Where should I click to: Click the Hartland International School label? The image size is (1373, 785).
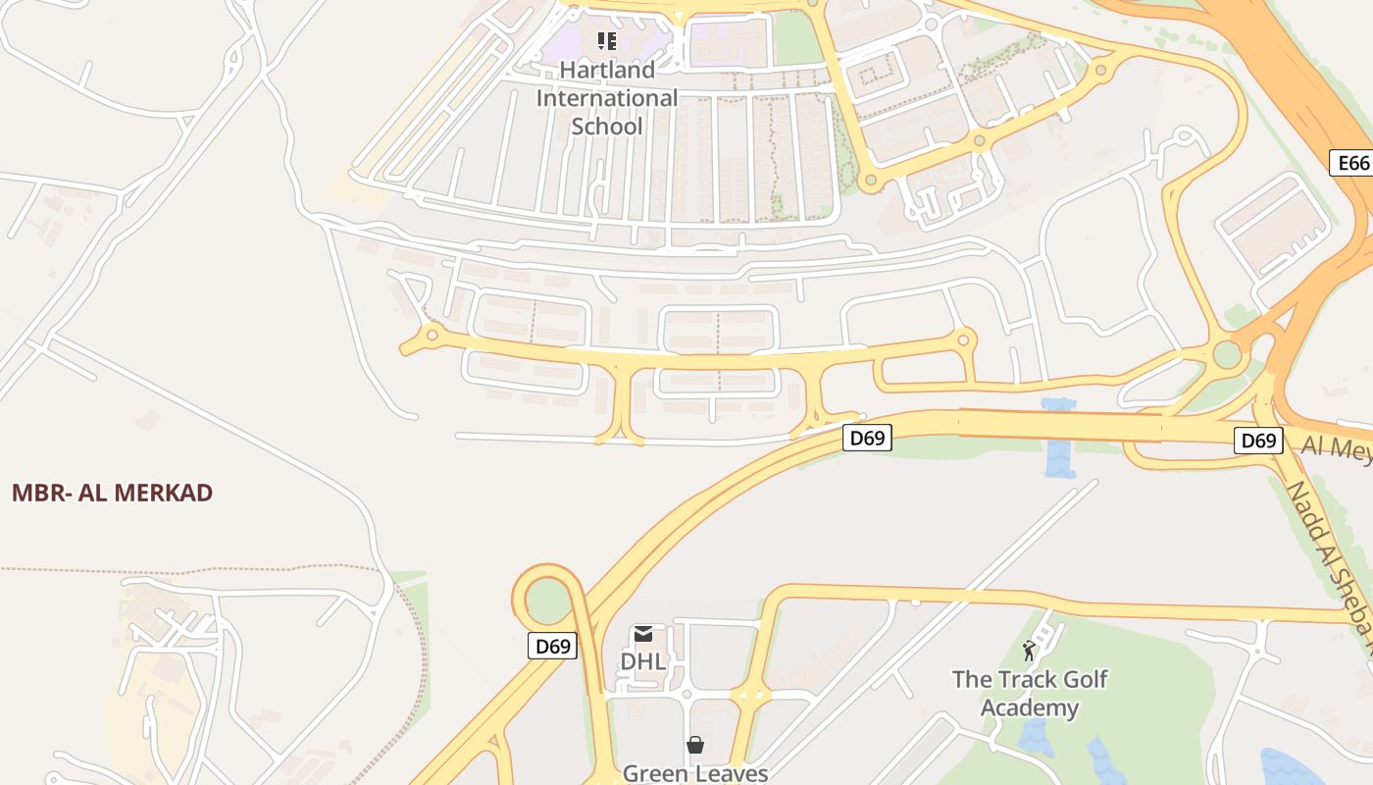pyautogui.click(x=606, y=98)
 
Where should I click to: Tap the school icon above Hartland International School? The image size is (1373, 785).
pyautogui.click(x=607, y=40)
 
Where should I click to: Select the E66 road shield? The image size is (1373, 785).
pyautogui.click(x=1353, y=163)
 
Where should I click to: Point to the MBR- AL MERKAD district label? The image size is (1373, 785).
pyautogui.click(x=112, y=493)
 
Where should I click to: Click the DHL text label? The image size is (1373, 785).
pyautogui.click(x=643, y=661)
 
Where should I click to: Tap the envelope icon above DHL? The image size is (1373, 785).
pyautogui.click(x=643, y=634)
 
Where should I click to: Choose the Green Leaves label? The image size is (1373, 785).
pyautogui.click(x=695, y=773)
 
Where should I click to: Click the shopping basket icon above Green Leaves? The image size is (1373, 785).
pyautogui.click(x=695, y=746)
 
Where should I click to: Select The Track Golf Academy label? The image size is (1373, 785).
pyautogui.click(x=1030, y=693)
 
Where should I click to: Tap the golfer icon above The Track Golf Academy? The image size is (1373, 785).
pyautogui.click(x=1029, y=651)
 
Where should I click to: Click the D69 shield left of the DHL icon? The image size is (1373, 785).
pyautogui.click(x=553, y=646)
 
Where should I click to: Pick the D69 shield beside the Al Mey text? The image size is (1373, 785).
pyautogui.click(x=1257, y=441)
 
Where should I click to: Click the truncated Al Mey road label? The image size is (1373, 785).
pyautogui.click(x=1336, y=447)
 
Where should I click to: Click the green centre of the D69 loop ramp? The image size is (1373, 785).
pyautogui.click(x=547, y=600)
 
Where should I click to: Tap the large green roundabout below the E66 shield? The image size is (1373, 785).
pyautogui.click(x=1226, y=354)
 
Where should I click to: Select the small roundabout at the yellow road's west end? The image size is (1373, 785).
pyautogui.click(x=431, y=336)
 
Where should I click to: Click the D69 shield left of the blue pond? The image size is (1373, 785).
pyautogui.click(x=867, y=438)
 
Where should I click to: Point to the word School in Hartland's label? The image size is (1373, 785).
pyautogui.click(x=607, y=127)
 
